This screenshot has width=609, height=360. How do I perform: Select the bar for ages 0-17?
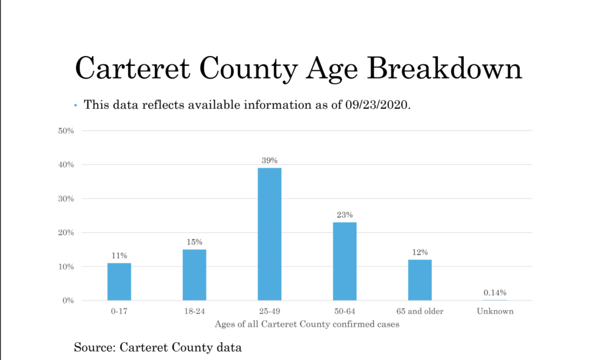point(119,281)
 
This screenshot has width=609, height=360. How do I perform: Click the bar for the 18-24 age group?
point(194,275)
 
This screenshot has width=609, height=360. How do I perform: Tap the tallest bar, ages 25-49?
point(269,234)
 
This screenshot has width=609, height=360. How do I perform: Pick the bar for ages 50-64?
point(344,261)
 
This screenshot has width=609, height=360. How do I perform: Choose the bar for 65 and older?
point(420,280)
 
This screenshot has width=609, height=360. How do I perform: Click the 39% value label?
point(269,160)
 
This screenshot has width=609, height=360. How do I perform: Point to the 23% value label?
point(344,215)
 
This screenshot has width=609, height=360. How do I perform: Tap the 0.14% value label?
point(495,292)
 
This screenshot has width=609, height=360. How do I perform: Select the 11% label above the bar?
point(119,255)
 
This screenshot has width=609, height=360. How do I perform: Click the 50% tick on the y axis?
point(66,131)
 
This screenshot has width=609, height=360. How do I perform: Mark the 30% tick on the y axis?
point(66,199)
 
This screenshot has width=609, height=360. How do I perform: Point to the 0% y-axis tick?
point(68,300)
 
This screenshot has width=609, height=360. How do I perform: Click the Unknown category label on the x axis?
point(495,311)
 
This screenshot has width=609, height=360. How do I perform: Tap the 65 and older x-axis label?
point(420,311)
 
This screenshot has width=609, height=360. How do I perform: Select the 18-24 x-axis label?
point(194,311)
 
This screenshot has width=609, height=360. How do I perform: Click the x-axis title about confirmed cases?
point(307,324)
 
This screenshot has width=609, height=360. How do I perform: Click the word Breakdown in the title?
point(445,68)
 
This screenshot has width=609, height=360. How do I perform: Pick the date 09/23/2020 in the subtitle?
point(378,105)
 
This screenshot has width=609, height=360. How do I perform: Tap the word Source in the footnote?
point(95,347)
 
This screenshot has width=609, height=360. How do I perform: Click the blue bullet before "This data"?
point(76,105)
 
